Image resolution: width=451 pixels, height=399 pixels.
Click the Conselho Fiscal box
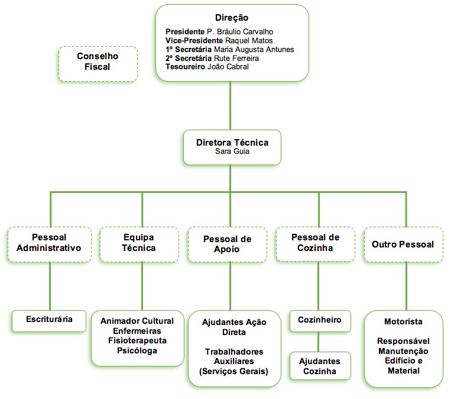point(98,62)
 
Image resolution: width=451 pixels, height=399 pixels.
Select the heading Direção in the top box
point(232,18)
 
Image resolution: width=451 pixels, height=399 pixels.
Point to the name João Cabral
point(228,67)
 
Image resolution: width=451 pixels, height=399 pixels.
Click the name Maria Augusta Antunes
point(254,49)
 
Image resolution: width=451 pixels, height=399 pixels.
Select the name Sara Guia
point(232,152)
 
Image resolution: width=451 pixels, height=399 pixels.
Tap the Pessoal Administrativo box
point(49,243)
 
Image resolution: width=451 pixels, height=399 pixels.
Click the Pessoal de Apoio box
point(227,244)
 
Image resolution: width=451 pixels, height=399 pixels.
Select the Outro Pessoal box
point(403,244)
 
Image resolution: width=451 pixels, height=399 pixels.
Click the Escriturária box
point(49,320)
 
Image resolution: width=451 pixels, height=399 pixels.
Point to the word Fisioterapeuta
point(137,341)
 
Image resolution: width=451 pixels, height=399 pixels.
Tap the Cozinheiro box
point(319,320)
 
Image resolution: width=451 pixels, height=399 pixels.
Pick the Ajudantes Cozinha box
point(319,366)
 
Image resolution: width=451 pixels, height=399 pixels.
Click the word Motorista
point(403,321)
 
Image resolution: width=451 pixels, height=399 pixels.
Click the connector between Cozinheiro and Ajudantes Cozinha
point(319,342)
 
